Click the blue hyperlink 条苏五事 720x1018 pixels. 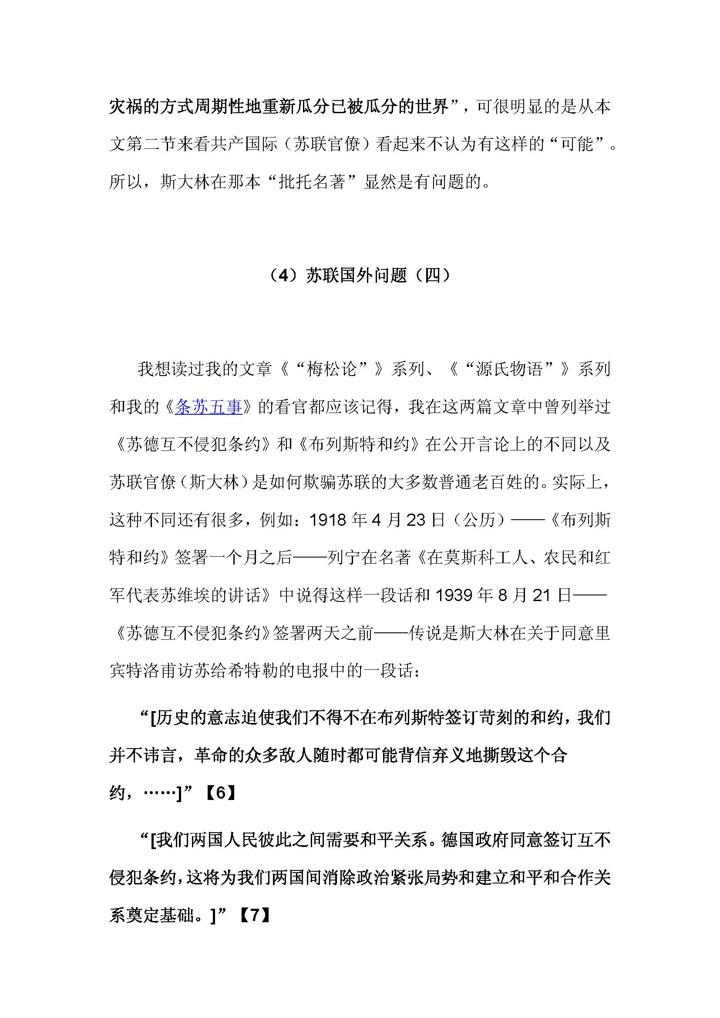tap(209, 407)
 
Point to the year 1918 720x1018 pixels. tap(328, 520)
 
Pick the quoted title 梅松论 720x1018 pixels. tap(332, 369)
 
